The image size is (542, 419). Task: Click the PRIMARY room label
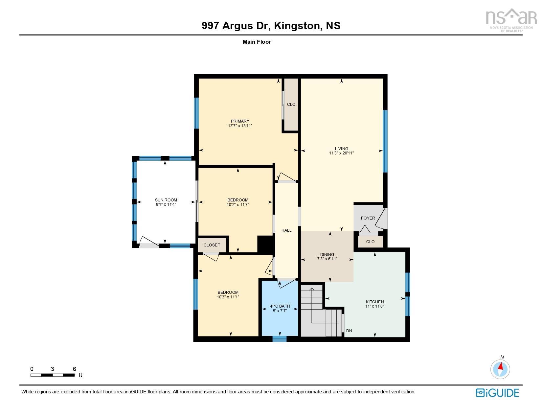(x=240, y=121)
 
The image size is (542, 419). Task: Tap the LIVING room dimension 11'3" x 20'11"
(x=341, y=153)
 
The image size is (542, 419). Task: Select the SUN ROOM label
(x=166, y=200)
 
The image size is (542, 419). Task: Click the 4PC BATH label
(x=280, y=306)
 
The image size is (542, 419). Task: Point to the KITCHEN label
(x=374, y=302)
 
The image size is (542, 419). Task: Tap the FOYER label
(x=368, y=218)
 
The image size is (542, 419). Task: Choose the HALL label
(x=286, y=230)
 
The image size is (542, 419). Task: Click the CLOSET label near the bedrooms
(x=212, y=245)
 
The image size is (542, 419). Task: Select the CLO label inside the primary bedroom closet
(x=291, y=105)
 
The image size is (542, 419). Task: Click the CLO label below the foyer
(x=370, y=242)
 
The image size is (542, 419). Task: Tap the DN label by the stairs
(x=349, y=331)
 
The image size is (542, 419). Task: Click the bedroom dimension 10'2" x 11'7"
(x=238, y=205)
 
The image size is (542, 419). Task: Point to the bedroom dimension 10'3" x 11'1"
(x=228, y=297)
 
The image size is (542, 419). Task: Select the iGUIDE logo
(x=497, y=393)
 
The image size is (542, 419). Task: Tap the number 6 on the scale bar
(x=75, y=369)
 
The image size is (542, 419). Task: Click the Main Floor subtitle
(x=257, y=42)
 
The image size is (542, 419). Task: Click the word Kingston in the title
(x=297, y=26)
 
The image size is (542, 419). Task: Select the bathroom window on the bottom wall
(x=280, y=339)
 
